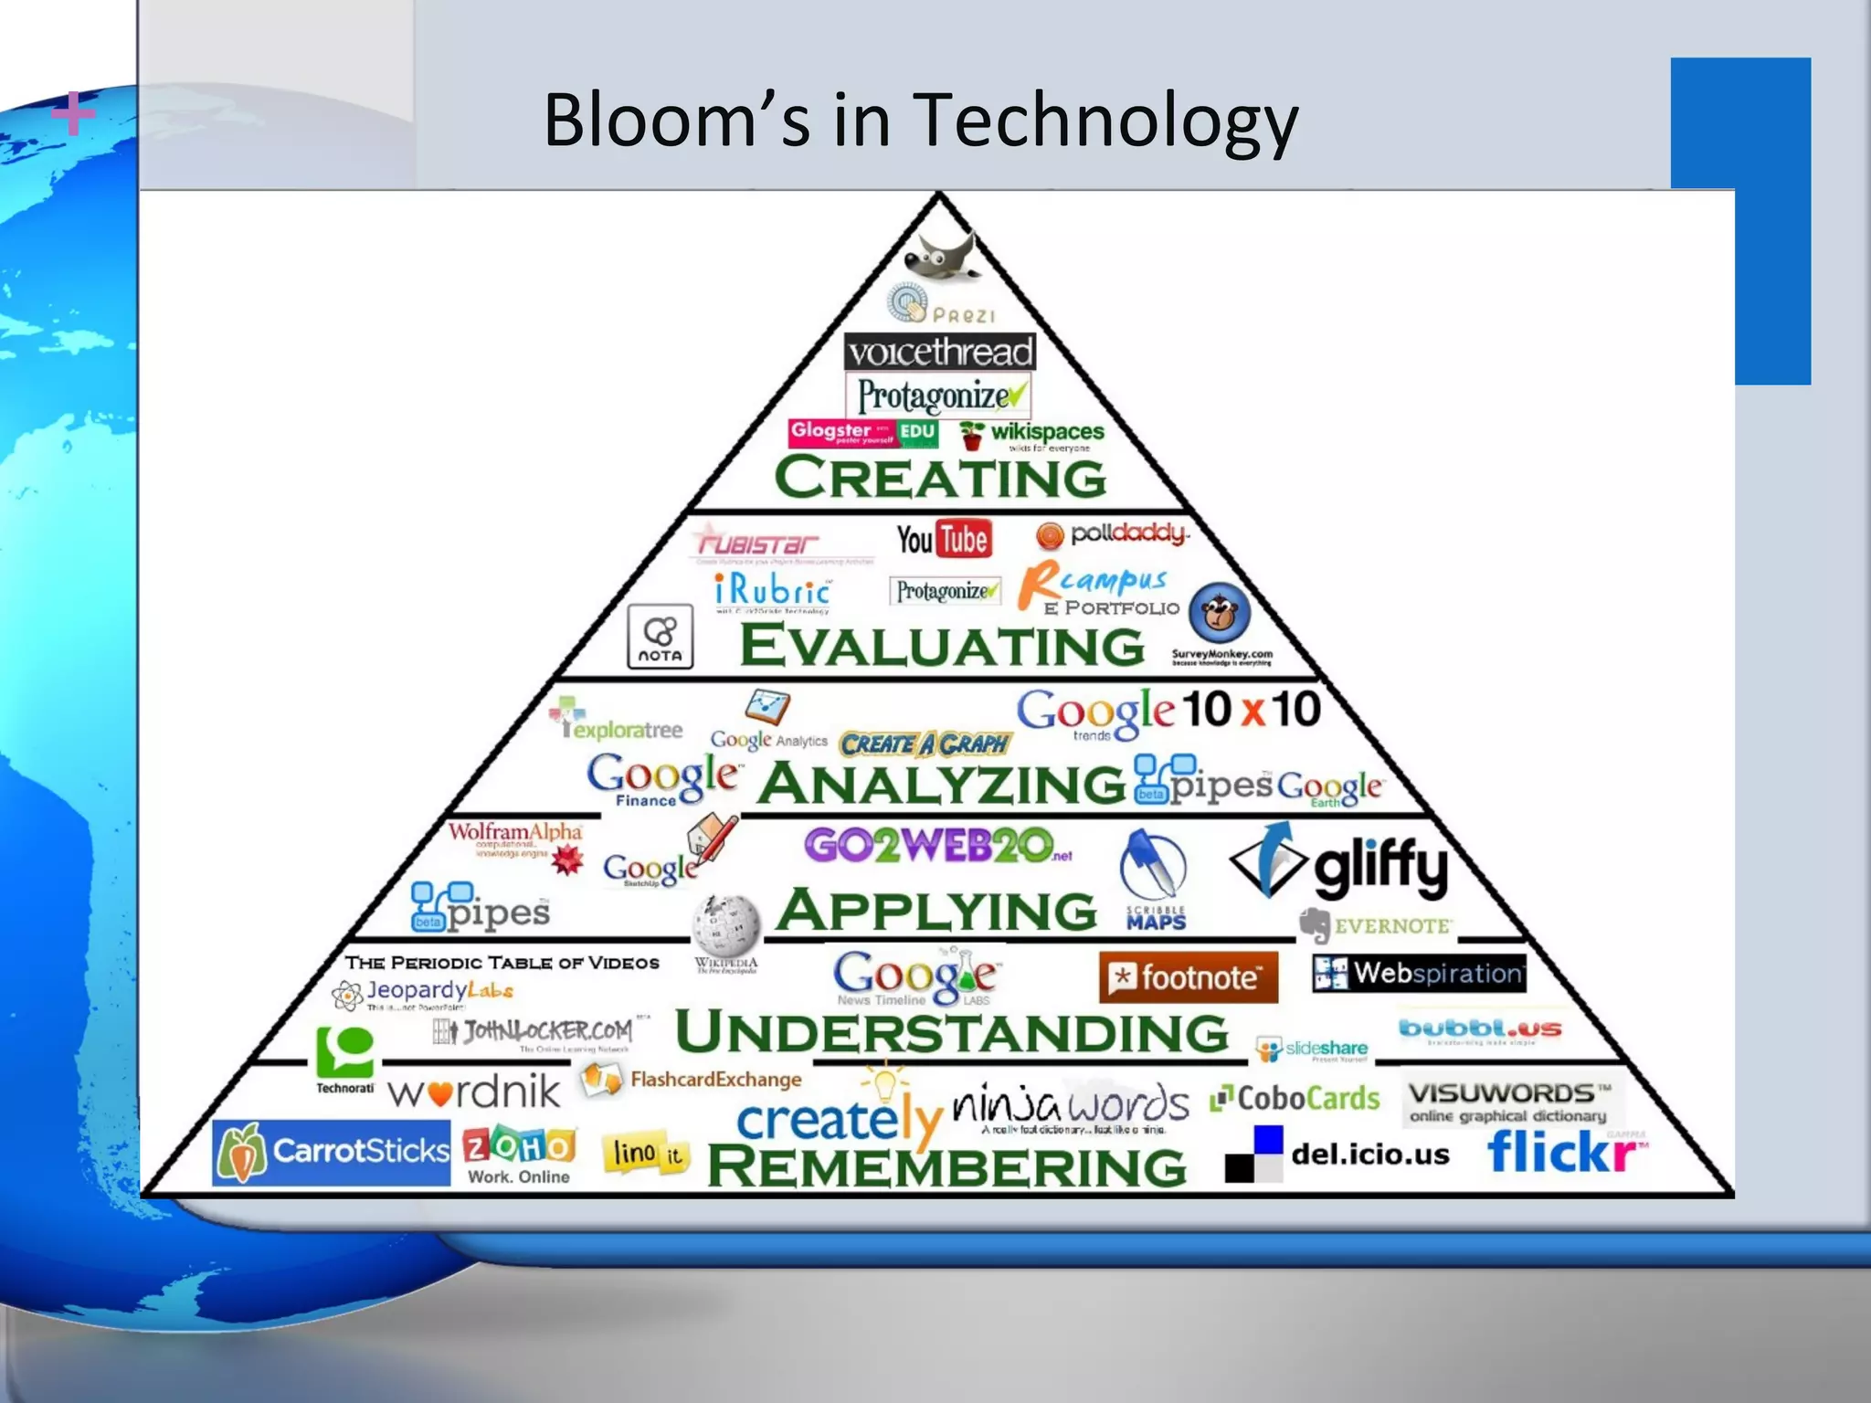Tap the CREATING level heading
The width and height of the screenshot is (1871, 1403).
click(x=940, y=478)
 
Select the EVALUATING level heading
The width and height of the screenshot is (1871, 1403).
click(x=941, y=645)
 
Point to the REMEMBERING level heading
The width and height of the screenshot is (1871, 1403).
click(x=946, y=1166)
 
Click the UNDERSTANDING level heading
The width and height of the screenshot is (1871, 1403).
click(x=952, y=1032)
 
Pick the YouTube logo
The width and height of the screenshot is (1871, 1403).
click(x=943, y=539)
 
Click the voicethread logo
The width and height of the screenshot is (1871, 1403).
click(x=940, y=352)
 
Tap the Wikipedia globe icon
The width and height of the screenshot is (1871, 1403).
click(x=726, y=924)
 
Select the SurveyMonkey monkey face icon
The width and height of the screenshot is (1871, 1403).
click(x=1220, y=613)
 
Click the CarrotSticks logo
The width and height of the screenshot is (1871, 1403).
click(x=332, y=1152)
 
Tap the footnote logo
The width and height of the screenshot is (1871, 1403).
click(x=1188, y=977)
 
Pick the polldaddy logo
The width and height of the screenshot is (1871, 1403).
click(x=1113, y=533)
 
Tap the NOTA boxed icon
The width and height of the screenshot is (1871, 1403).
click(x=660, y=637)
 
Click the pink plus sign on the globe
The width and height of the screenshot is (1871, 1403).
click(x=72, y=114)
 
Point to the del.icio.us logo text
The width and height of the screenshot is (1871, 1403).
click(x=1369, y=1155)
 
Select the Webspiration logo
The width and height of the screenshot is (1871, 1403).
click(x=1419, y=974)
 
